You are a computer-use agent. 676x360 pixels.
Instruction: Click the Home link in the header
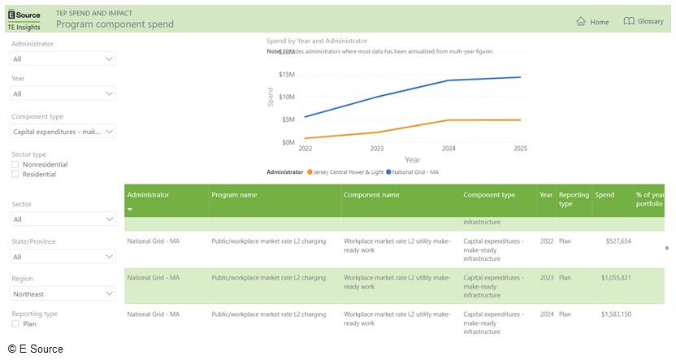[592, 22]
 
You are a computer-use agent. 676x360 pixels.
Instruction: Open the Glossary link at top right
[643, 22]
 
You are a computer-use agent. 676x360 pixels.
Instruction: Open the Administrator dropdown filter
[63, 59]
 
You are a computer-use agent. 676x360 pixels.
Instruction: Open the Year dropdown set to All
[63, 93]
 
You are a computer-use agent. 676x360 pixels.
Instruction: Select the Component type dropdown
[63, 131]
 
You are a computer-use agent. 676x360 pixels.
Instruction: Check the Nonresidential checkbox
[15, 164]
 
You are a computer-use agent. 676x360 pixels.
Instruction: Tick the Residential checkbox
[15, 174]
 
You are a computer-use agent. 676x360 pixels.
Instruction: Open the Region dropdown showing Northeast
[63, 293]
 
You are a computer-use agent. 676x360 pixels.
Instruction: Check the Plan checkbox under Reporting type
[15, 323]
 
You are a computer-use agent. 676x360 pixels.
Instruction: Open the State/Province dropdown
[63, 257]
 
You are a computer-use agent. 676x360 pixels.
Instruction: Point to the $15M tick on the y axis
[286, 75]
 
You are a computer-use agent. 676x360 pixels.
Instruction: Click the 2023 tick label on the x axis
[377, 149]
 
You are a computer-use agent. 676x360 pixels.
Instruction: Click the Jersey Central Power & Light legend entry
[344, 172]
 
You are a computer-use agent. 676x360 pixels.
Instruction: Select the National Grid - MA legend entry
[413, 172]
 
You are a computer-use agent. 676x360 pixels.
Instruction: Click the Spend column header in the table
[604, 195]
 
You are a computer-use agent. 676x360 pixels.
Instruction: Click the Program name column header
[234, 195]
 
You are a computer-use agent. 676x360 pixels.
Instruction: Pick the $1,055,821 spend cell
[616, 278]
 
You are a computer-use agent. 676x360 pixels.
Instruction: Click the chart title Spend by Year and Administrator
[317, 41]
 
